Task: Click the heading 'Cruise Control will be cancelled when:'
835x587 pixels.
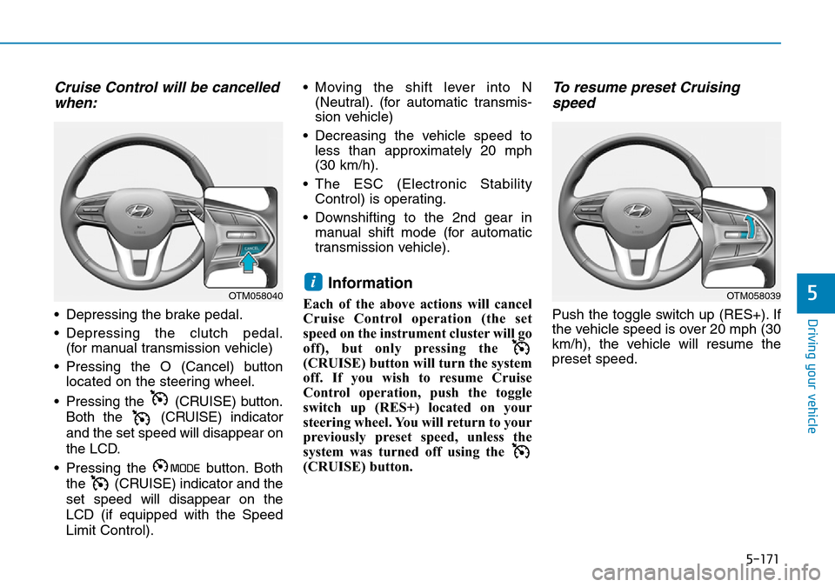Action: coord(167,95)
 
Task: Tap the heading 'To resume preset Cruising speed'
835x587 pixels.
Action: coord(646,95)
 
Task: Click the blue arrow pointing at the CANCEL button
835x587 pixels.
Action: coord(248,263)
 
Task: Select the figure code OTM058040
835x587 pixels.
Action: coord(256,296)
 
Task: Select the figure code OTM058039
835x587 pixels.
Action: coord(753,296)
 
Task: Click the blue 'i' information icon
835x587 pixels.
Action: coord(313,282)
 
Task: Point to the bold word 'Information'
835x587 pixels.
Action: coord(371,283)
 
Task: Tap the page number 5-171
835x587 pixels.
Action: coord(762,559)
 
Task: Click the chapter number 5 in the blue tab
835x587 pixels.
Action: coord(812,292)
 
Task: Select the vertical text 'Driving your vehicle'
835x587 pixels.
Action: coord(812,376)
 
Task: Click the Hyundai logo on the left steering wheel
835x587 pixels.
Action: coord(139,211)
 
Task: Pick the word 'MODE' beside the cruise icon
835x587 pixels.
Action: coord(185,468)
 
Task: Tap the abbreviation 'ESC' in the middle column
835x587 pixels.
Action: coord(369,184)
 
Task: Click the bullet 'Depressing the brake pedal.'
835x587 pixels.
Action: coord(154,315)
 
